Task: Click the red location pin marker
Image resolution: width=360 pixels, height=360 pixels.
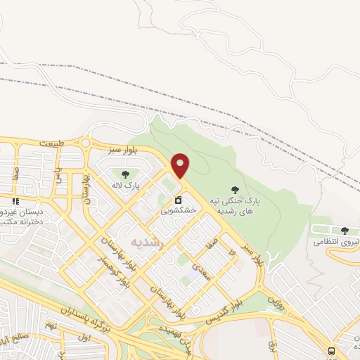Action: click(181, 165)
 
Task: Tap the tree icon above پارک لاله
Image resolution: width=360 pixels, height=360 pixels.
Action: click(125, 174)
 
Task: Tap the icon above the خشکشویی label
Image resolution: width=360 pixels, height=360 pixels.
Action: click(179, 198)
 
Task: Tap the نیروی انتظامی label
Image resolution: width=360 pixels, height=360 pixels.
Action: click(337, 241)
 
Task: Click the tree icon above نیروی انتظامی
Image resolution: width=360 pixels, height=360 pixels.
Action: click(345, 230)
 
